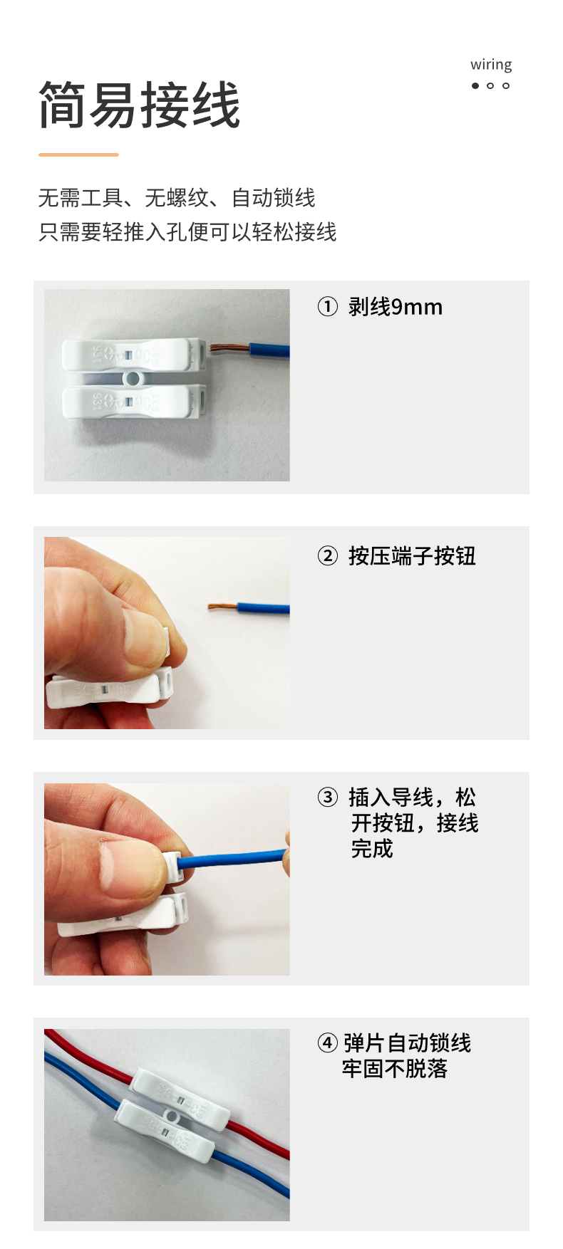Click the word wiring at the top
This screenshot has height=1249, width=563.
(x=491, y=66)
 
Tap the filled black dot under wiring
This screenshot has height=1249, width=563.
(x=475, y=85)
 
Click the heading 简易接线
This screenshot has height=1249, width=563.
(x=140, y=105)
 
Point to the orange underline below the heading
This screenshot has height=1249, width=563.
(x=78, y=154)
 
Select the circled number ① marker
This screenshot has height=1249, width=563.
(x=327, y=307)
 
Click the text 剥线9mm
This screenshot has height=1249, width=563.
(x=396, y=307)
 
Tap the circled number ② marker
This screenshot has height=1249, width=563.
(x=327, y=555)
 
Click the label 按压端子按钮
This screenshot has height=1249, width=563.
(x=412, y=555)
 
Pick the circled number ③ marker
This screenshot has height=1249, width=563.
(x=327, y=797)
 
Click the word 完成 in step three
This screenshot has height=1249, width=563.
(x=372, y=849)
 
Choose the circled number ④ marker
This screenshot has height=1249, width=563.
(x=327, y=1043)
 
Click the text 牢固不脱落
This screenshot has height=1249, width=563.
(x=394, y=1069)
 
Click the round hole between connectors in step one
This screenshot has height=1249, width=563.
(x=133, y=377)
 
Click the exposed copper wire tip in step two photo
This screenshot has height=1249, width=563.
(x=222, y=607)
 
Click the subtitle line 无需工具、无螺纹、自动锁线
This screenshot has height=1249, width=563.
(x=177, y=198)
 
